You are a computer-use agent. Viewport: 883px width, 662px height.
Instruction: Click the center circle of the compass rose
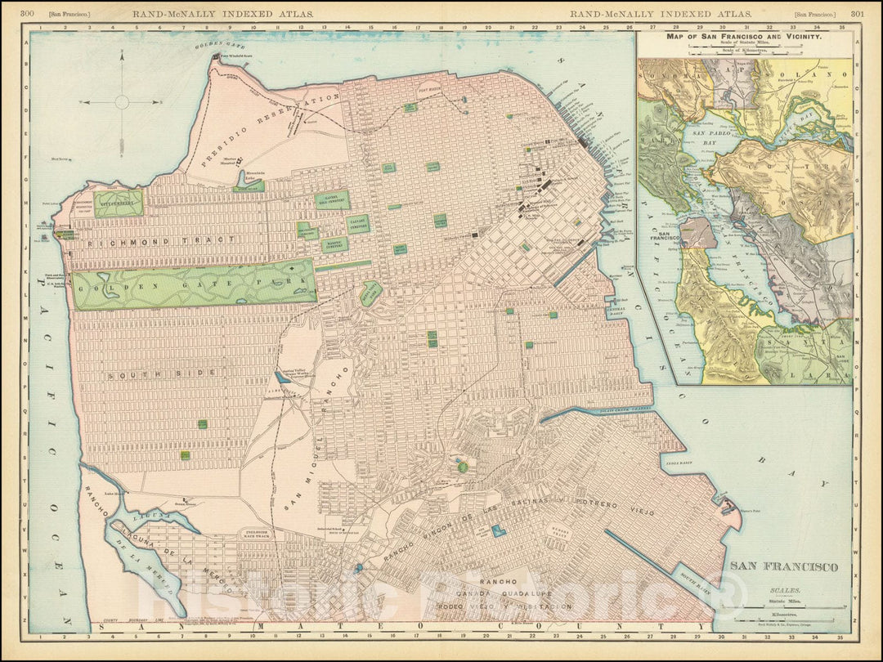[122, 102]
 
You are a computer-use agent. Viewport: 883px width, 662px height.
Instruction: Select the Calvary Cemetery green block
[358, 223]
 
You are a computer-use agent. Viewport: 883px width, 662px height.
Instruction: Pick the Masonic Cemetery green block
[334, 244]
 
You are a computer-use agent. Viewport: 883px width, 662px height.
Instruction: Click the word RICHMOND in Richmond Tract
[122, 242]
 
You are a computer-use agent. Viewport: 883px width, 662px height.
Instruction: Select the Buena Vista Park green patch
[370, 293]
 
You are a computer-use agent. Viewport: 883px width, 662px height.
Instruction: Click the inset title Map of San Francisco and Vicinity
[745, 38]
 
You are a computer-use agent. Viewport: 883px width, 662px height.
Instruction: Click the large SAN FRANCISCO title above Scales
[783, 566]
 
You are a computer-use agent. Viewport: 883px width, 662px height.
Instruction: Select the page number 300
[27, 13]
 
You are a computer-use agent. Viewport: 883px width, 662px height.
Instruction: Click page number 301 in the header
[857, 13]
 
